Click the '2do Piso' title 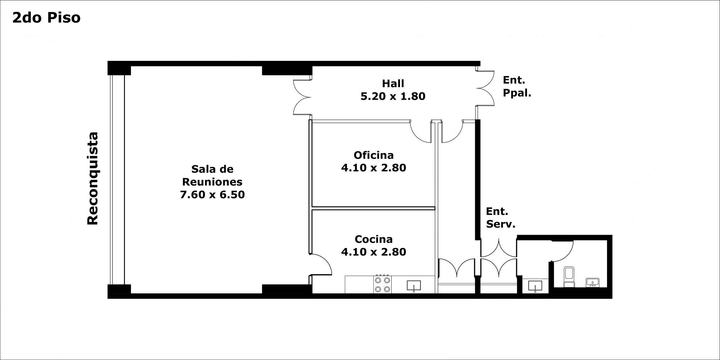(46, 18)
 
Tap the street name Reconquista (93, 179)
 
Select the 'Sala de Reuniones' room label (212, 175)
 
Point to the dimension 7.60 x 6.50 (212, 194)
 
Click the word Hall (393, 84)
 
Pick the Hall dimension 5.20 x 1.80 (393, 96)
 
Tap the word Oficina (374, 155)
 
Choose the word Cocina (374, 239)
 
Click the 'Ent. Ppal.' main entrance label (517, 86)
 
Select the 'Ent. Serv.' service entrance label (500, 217)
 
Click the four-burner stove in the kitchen (382, 284)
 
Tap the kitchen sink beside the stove (414, 285)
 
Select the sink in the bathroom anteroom (535, 286)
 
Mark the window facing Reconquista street (117, 180)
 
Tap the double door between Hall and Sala (302, 97)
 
